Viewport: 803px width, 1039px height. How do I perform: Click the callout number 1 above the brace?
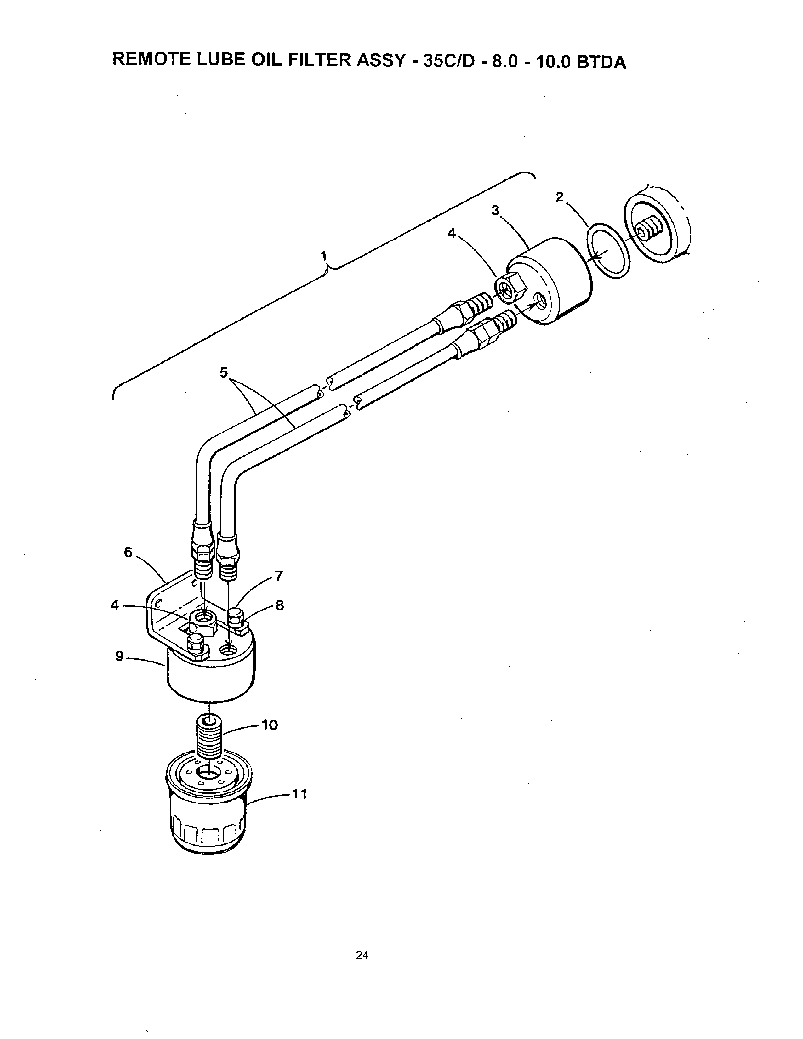(x=324, y=256)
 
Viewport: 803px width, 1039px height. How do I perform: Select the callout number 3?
(x=495, y=210)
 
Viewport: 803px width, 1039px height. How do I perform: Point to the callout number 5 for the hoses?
(x=224, y=372)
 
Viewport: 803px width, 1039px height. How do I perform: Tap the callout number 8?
(x=280, y=605)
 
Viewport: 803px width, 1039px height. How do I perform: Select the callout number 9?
(x=119, y=656)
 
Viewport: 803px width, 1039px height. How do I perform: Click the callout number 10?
(x=269, y=725)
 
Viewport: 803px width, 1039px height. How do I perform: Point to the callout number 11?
(x=299, y=794)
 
